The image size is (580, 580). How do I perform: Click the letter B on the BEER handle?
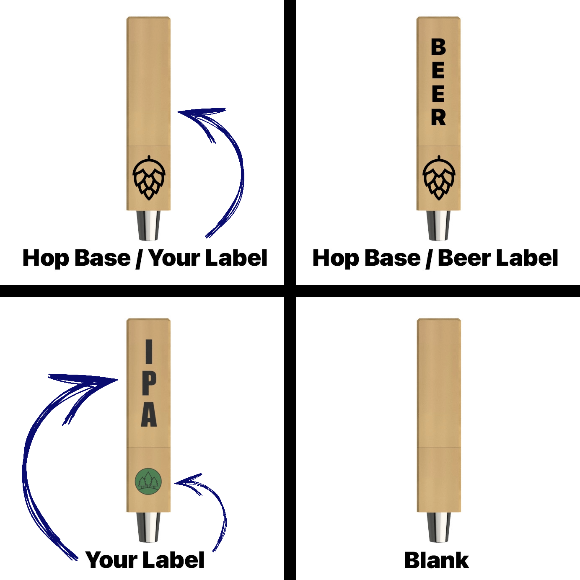point(438,47)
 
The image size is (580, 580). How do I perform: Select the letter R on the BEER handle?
point(438,117)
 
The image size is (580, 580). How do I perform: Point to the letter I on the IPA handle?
point(149,352)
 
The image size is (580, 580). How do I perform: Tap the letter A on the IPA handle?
point(149,415)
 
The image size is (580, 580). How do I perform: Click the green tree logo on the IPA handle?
point(148,482)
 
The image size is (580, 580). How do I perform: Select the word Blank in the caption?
point(436,560)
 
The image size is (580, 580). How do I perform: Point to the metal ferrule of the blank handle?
point(439,527)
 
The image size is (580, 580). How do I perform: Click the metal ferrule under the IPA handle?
point(148,527)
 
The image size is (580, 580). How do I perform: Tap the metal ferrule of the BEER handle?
point(438,225)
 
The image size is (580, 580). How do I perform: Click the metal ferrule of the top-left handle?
point(148,225)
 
